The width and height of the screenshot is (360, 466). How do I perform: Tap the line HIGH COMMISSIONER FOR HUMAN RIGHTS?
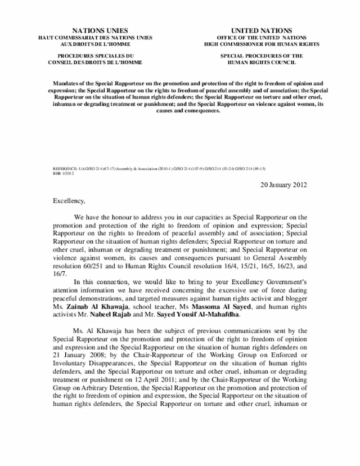pos(262,43)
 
